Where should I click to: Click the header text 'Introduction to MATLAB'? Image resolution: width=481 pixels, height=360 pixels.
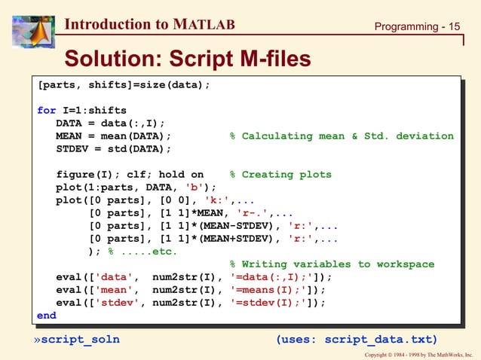point(150,24)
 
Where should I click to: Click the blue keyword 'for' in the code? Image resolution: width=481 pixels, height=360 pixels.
point(47,111)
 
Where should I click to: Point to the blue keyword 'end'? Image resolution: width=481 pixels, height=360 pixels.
point(47,316)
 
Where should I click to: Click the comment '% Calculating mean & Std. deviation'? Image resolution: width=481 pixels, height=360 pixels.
point(342,136)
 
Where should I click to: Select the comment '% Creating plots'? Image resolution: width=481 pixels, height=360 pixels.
point(280,175)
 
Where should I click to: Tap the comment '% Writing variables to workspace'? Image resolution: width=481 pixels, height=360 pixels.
point(332,264)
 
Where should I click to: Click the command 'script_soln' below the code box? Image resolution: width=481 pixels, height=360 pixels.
point(80,339)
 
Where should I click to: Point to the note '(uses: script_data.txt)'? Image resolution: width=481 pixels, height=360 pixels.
point(357,339)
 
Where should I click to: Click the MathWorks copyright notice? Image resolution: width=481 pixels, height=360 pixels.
point(418,354)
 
